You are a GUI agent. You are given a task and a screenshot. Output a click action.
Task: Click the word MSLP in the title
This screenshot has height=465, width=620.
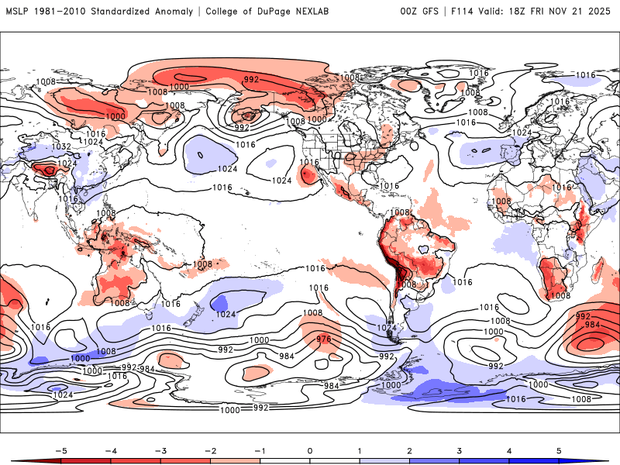[x=17, y=12]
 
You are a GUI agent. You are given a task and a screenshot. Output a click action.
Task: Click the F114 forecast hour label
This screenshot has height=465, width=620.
[x=463, y=12]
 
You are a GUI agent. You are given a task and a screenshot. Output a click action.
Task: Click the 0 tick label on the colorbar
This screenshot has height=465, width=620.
[x=310, y=449]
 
